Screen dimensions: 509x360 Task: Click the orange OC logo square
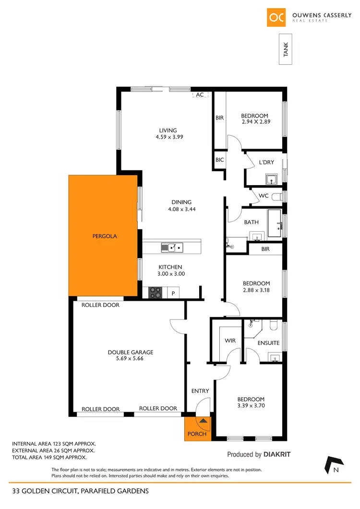pos(276,17)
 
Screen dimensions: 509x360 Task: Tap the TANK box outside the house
pos(287,49)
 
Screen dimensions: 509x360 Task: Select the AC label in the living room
pos(200,95)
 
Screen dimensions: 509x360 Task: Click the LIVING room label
pos(168,130)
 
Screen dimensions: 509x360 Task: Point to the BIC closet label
pos(219,160)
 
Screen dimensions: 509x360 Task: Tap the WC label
pos(264,196)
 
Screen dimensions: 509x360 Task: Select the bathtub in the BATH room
pos(275,223)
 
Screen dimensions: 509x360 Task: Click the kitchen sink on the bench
pos(172,248)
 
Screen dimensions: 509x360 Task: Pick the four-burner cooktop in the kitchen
pos(155,292)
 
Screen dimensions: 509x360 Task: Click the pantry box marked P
pos(173,293)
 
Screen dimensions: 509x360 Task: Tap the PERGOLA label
pos(105,236)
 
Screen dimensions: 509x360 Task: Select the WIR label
pos(229,341)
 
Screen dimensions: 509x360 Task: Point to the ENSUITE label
pos(268,343)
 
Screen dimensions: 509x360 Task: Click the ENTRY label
pos(200,391)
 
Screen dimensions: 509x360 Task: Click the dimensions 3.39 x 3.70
pos(251,405)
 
